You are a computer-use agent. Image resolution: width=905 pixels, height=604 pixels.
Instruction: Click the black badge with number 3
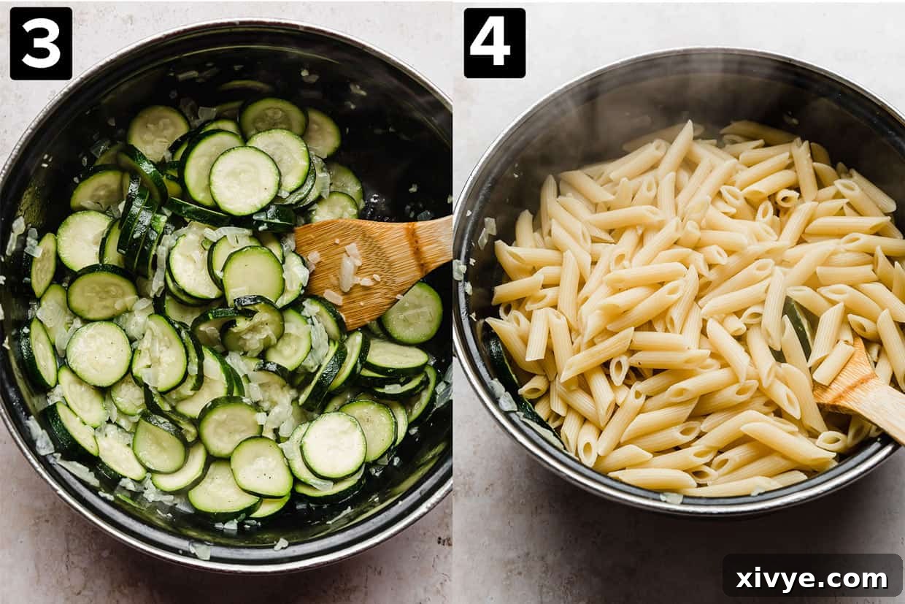[41, 43]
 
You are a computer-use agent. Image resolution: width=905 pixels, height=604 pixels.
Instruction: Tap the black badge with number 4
[494, 43]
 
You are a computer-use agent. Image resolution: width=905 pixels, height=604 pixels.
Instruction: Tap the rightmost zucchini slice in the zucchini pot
[412, 313]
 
